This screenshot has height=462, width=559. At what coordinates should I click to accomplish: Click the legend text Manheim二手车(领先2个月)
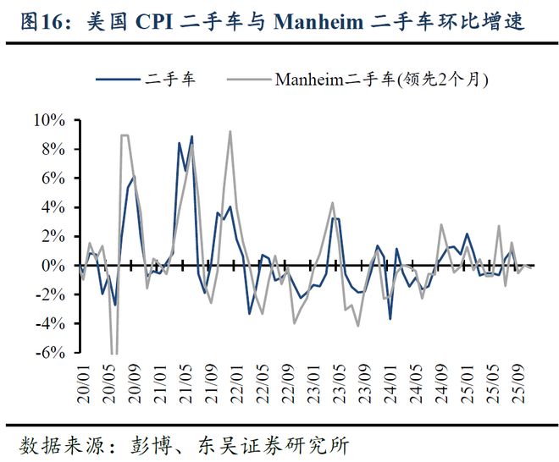pos(382,80)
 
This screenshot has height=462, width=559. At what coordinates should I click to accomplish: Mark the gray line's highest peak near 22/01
pos(230,131)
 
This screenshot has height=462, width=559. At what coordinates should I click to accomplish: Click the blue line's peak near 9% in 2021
pos(191,136)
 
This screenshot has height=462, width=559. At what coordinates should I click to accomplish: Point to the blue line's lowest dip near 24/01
pos(390,319)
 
